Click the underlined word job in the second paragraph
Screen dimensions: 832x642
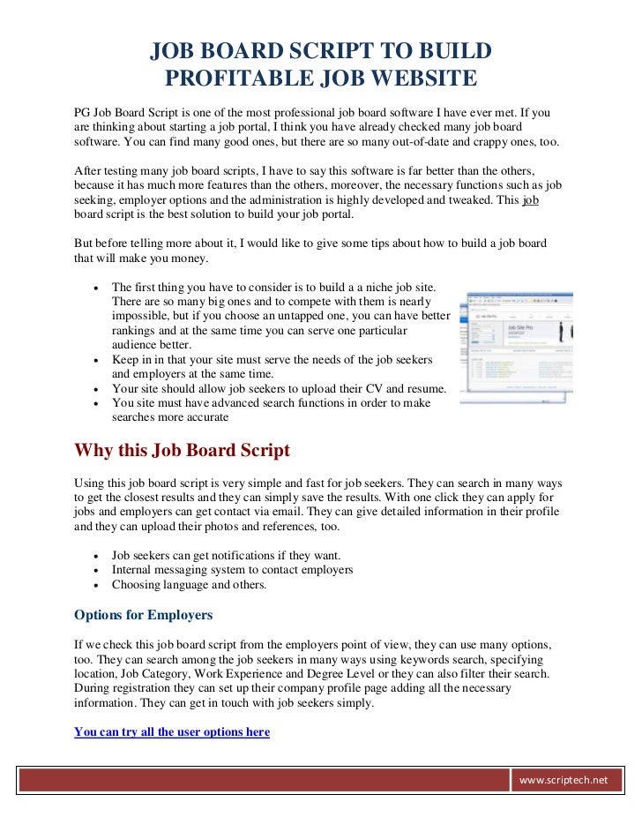530,199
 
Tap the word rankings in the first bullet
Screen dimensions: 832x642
138,331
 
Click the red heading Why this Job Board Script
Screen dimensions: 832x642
182,450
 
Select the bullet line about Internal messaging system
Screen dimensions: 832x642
232,570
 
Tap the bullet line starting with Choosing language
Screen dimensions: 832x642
189,584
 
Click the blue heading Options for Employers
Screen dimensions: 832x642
143,614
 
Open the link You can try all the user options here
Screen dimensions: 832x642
172,731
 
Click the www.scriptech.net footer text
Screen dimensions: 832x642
564,780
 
